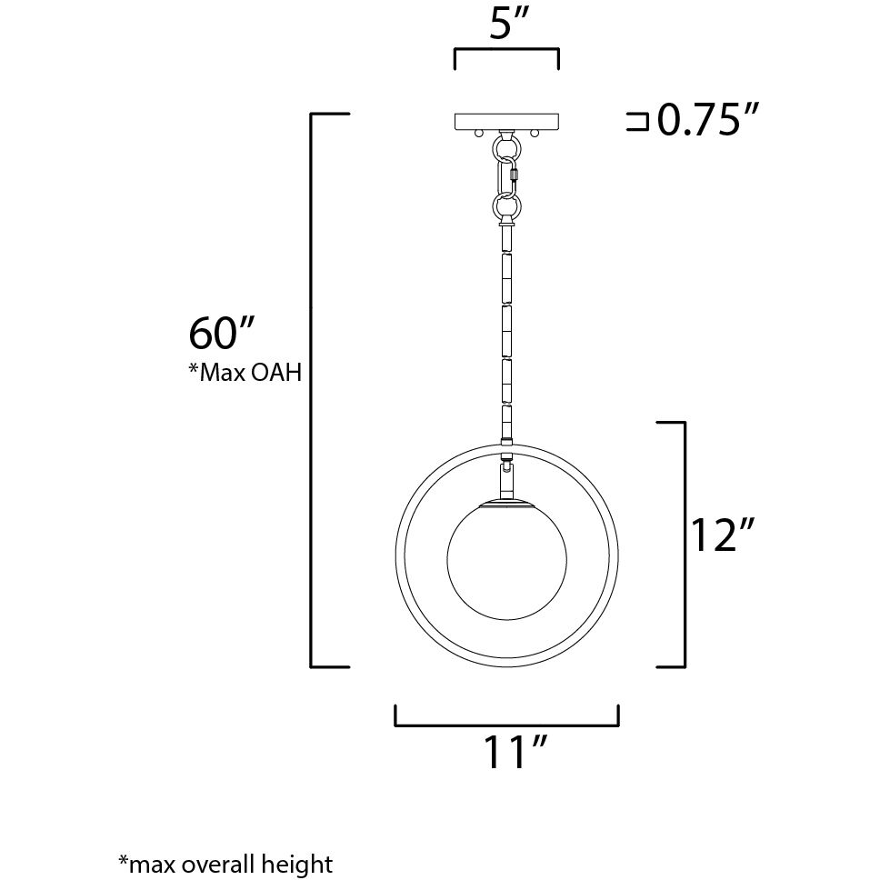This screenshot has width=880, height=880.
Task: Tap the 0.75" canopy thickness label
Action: tap(707, 120)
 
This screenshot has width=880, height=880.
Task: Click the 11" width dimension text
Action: tap(514, 754)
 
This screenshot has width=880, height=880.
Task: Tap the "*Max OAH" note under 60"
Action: tap(245, 373)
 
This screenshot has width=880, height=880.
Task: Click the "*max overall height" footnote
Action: tap(225, 863)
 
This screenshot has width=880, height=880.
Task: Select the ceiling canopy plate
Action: tap(507, 121)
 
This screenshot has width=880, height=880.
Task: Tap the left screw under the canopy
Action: tap(479, 134)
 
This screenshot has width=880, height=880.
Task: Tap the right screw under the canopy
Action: tap(535, 134)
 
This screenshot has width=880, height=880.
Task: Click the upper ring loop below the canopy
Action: tap(505, 145)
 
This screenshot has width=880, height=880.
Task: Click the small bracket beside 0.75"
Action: tap(637, 122)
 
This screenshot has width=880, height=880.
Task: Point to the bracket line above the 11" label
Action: tap(506, 725)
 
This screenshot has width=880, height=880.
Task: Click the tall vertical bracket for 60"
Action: tap(314, 391)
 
